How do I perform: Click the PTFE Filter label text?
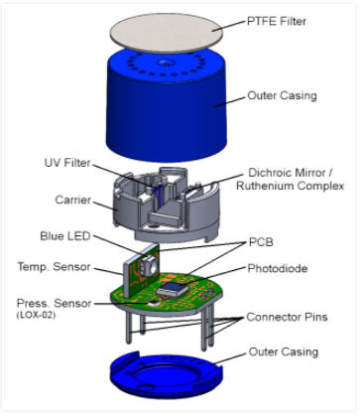coord(277,21)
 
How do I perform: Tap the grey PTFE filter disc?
coord(167,33)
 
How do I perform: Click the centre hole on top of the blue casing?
coord(165,63)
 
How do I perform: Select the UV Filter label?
coord(67,163)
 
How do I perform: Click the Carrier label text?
coord(72,200)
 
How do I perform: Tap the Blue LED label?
coord(65,236)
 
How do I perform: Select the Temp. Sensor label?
coord(54,267)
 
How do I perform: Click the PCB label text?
coord(261,242)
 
